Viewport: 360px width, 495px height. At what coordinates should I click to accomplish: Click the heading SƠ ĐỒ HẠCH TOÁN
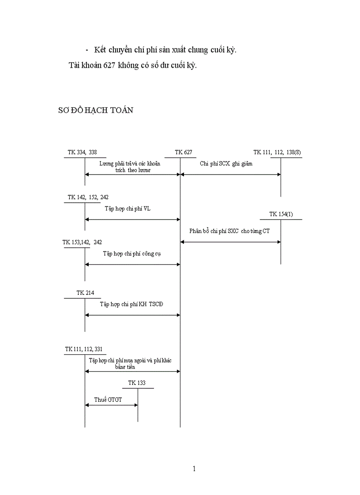(x=96, y=110)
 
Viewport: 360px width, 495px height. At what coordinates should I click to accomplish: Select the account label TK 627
(x=183, y=152)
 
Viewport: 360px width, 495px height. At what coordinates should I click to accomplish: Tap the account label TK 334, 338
(x=82, y=152)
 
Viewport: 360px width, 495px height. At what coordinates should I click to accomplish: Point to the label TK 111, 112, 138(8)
(x=277, y=152)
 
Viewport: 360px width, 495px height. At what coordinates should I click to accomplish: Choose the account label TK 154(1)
(x=281, y=214)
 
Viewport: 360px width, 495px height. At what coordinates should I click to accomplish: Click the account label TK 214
(x=85, y=293)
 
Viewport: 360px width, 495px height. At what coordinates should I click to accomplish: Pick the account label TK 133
(x=137, y=383)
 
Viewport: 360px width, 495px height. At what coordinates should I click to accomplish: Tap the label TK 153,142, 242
(x=82, y=242)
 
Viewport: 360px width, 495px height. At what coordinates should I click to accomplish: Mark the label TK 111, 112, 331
(x=84, y=349)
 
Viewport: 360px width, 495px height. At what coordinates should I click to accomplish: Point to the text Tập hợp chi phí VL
(x=127, y=208)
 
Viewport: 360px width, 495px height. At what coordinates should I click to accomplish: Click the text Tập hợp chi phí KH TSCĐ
(x=131, y=304)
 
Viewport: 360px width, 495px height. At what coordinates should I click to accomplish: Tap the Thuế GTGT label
(x=108, y=399)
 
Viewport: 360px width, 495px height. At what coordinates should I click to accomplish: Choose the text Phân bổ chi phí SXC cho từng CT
(x=229, y=231)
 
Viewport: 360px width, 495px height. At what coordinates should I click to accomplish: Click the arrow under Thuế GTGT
(x=111, y=406)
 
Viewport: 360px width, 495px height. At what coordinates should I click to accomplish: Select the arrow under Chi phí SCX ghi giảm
(x=230, y=175)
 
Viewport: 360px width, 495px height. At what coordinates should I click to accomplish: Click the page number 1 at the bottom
(x=194, y=469)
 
